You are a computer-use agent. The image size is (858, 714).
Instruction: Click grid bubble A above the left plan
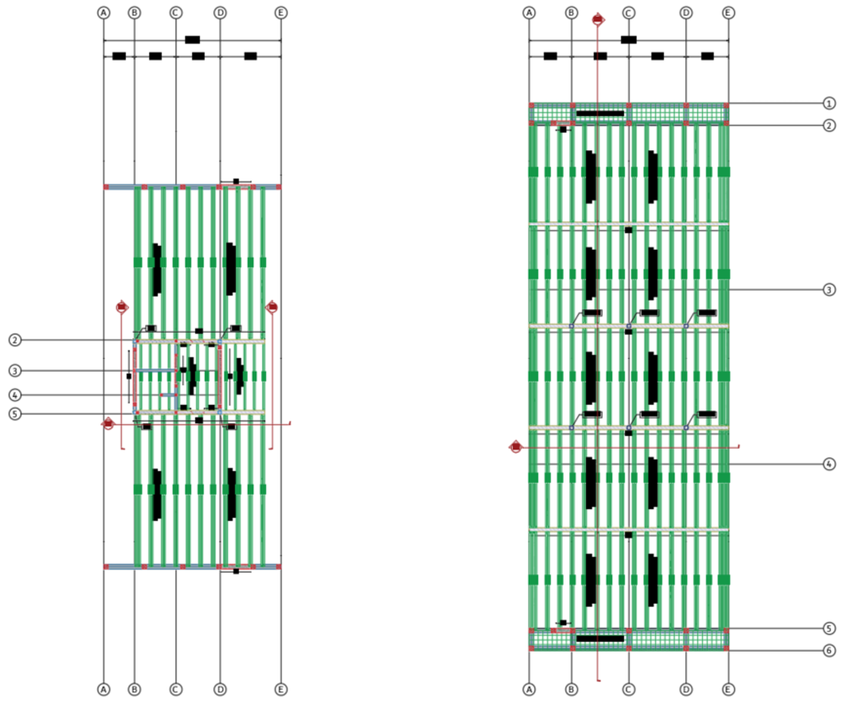tap(104, 13)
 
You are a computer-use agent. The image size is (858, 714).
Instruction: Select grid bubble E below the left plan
tap(281, 690)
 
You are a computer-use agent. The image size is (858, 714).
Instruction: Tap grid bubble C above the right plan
tap(628, 13)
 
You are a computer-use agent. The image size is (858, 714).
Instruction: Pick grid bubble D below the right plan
tap(686, 690)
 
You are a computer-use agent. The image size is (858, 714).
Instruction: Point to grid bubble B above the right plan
tap(571, 13)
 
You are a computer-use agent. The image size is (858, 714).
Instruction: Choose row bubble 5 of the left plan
tap(15, 414)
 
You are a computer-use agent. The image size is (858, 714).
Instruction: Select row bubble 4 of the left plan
tap(15, 395)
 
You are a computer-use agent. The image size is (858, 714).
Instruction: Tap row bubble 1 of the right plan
tap(829, 103)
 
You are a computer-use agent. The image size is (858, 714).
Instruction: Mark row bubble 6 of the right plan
tap(829, 650)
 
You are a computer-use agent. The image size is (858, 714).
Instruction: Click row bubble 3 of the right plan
tap(829, 290)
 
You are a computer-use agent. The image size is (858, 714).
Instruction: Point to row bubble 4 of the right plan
tap(829, 464)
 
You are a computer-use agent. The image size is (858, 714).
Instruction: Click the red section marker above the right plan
tap(598, 19)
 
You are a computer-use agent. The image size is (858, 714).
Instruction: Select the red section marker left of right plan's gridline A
tap(515, 447)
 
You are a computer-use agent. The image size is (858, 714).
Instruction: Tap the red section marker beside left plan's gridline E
tap(272, 307)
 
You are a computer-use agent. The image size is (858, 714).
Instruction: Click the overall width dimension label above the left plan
tap(193, 39)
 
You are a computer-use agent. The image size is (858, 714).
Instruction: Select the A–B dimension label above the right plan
tap(550, 56)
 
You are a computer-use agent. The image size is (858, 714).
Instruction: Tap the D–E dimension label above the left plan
tap(251, 56)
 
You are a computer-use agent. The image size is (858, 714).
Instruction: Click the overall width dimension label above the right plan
tap(628, 39)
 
